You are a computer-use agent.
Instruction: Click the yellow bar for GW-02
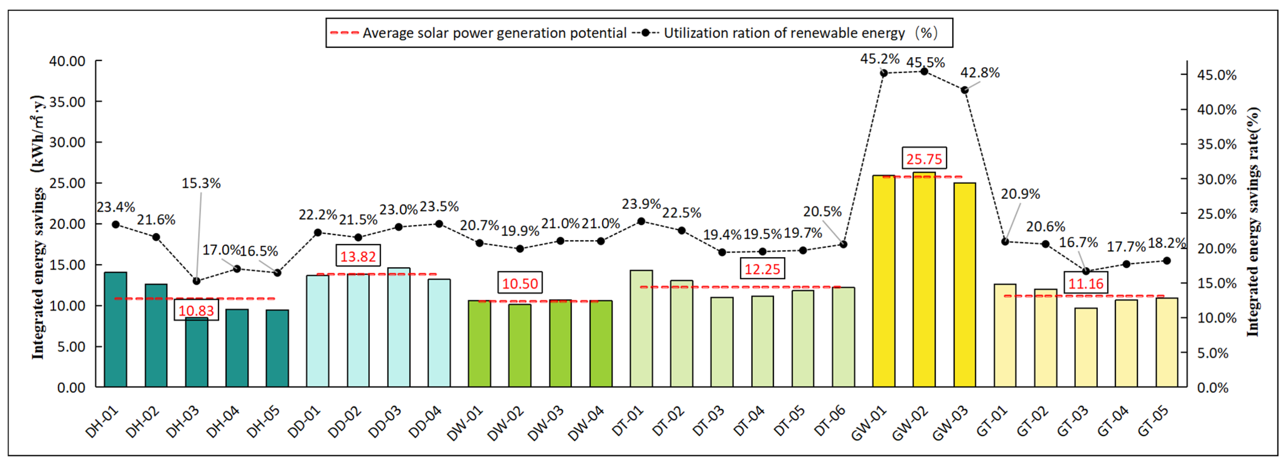point(924,279)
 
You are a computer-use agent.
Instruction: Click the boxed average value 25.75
point(924,159)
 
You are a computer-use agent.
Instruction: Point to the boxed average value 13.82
point(358,256)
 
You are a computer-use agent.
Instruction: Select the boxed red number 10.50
point(520,283)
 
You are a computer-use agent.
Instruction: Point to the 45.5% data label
point(925,63)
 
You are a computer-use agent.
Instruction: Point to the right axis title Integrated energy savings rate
point(1253,222)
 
